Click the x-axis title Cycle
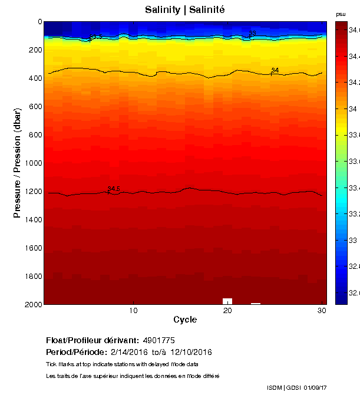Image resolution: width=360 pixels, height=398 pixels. (185, 320)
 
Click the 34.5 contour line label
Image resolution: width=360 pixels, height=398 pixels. (114, 189)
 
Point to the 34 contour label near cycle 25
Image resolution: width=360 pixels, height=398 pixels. (275, 71)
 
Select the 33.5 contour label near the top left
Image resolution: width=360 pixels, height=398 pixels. (95, 37)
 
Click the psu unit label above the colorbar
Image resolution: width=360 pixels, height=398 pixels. (340, 14)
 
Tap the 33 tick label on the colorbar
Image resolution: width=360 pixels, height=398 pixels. (351, 241)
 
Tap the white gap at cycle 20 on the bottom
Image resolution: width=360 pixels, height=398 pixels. (227, 301)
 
